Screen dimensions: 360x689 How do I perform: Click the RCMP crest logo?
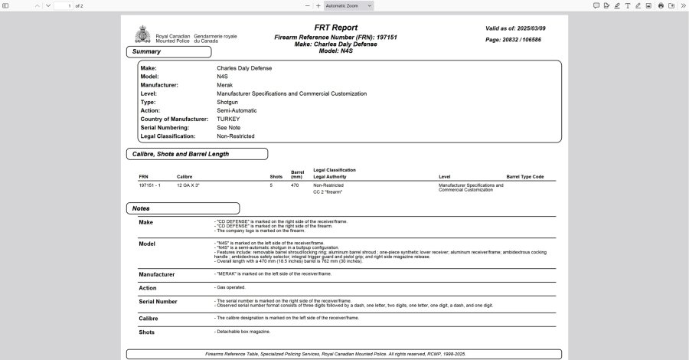[142, 35]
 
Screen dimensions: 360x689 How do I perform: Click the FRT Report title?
[335, 28]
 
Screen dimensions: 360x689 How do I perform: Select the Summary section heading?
[146, 52]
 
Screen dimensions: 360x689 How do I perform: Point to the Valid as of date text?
[515, 28]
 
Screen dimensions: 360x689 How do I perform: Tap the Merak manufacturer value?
[225, 85]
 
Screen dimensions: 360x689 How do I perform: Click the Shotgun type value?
[227, 102]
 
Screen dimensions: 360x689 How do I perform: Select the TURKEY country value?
[228, 119]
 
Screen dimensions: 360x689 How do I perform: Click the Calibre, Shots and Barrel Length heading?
[181, 154]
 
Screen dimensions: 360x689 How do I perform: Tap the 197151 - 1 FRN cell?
[149, 185]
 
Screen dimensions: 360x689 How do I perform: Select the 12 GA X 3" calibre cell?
[188, 185]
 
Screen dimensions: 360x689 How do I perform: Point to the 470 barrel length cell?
[295, 185]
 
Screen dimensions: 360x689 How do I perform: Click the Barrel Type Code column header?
[525, 177]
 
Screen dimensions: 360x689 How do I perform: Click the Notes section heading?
[141, 208]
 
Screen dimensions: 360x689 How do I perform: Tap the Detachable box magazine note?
[243, 332]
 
